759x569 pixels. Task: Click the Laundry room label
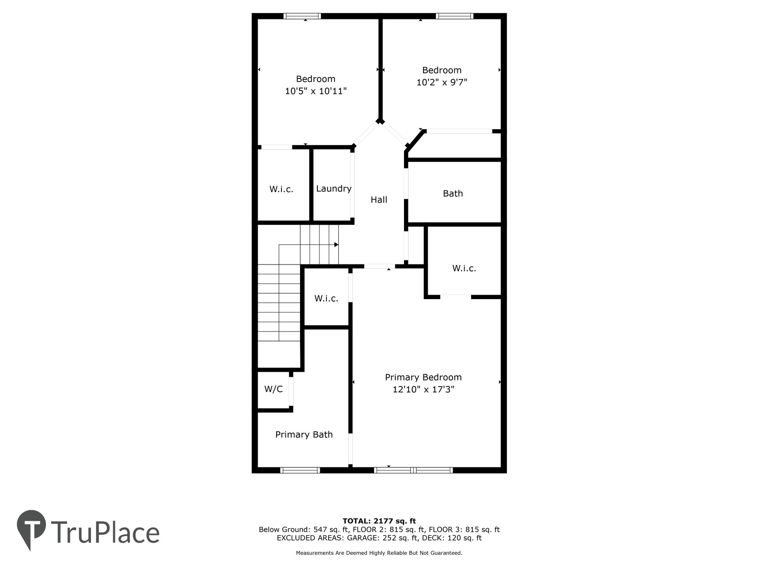click(334, 189)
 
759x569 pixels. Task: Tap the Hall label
click(379, 200)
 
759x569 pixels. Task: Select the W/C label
click(274, 389)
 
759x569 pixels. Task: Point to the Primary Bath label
click(304, 435)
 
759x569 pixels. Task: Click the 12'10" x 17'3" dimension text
click(423, 389)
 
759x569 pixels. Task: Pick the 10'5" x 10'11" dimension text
click(316, 91)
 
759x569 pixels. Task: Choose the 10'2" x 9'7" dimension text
click(442, 83)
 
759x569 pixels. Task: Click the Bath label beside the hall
click(453, 194)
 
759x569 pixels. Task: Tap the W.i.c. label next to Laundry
click(281, 189)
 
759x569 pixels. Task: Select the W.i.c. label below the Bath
click(464, 268)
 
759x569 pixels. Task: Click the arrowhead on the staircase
click(336, 245)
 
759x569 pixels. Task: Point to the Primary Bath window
click(300, 470)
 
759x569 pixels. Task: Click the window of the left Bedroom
click(302, 16)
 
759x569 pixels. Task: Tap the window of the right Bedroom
click(455, 16)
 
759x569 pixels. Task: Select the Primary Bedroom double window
click(413, 470)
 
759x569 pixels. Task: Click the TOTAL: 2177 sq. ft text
click(379, 521)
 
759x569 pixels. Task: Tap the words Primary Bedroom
click(423, 377)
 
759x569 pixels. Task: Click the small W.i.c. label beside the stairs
click(326, 299)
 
